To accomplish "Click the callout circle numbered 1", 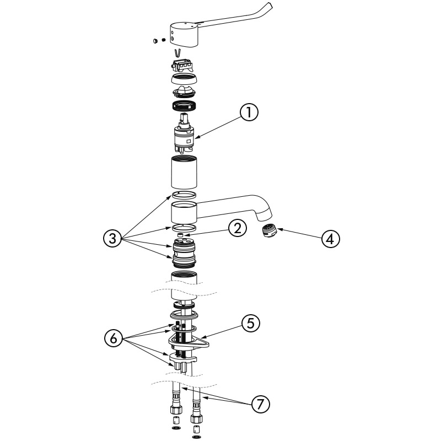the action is click(x=249, y=112).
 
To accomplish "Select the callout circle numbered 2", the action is click(x=237, y=229).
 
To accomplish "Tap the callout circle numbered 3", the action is click(x=112, y=239).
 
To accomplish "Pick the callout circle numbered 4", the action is click(x=330, y=239).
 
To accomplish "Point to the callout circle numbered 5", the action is click(x=250, y=324).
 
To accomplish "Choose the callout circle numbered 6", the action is click(x=113, y=338).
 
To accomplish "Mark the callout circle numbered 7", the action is click(x=260, y=404).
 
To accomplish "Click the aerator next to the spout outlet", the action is click(x=269, y=231).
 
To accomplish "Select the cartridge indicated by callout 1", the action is click(x=184, y=133).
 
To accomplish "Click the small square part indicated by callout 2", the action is click(x=181, y=235).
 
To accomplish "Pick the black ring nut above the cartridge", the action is click(x=184, y=106).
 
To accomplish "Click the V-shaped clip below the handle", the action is click(x=177, y=52).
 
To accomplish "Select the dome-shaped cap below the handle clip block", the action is click(x=184, y=79).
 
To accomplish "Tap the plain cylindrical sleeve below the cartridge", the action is click(x=184, y=172).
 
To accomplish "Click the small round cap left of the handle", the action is click(x=155, y=41).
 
